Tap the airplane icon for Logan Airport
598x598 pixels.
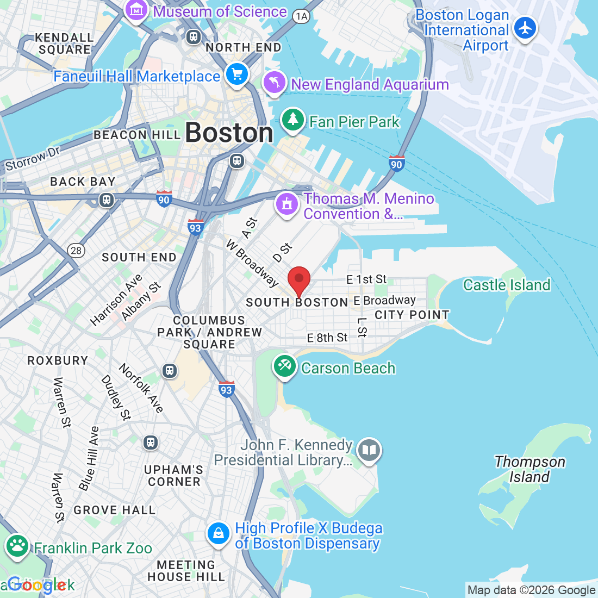click(x=525, y=28)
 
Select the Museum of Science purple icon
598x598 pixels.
click(x=136, y=10)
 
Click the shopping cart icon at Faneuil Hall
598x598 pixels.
click(x=236, y=74)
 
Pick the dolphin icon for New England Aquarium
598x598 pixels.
click(x=275, y=83)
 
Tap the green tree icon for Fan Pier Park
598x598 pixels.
click(x=294, y=120)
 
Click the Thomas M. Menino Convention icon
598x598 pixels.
click(x=287, y=204)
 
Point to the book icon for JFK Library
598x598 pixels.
click(x=369, y=451)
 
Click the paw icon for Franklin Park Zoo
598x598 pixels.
click(x=18, y=546)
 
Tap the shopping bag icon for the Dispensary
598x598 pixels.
click(x=219, y=534)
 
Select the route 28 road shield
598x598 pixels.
click(x=76, y=251)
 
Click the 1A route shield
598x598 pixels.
click(x=301, y=16)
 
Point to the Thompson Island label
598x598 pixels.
click(x=530, y=469)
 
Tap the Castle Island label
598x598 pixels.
click(x=507, y=285)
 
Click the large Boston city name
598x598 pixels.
click(x=229, y=133)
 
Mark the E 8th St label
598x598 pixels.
click(x=327, y=338)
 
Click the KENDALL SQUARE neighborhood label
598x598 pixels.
click(x=64, y=43)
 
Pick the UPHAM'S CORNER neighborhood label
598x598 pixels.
click(x=174, y=475)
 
